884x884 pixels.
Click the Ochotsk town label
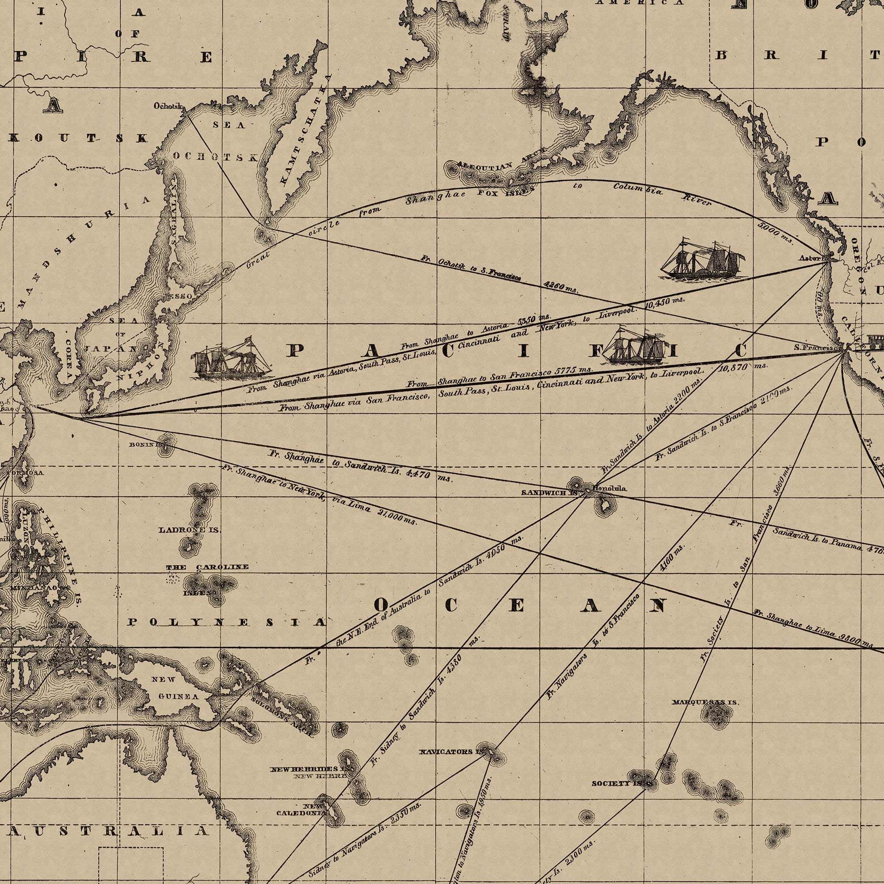coord(168,106)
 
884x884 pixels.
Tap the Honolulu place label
coord(610,489)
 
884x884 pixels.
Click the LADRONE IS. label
coord(190,530)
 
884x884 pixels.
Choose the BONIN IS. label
coord(145,444)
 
